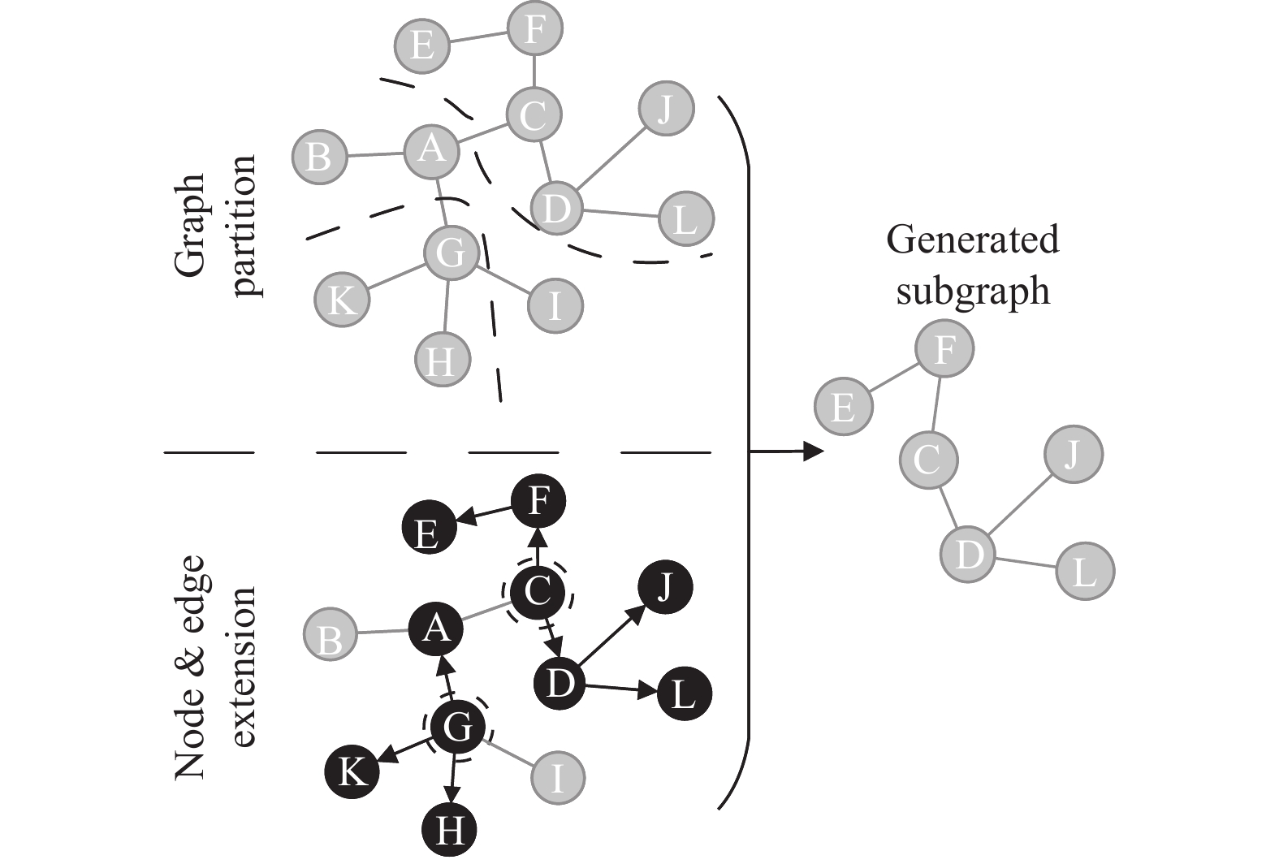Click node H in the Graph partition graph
coord(443,359)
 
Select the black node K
coord(352,770)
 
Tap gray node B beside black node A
coord(331,637)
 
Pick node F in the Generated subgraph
coord(944,350)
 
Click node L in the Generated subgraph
coord(1085,571)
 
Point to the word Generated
coord(973,240)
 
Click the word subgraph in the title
coord(973,291)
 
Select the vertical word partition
coord(244,227)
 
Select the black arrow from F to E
coord(484,514)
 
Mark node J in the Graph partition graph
coord(666,109)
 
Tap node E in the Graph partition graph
coord(422,44)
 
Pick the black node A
coord(436,627)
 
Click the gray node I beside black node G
coord(559,777)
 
